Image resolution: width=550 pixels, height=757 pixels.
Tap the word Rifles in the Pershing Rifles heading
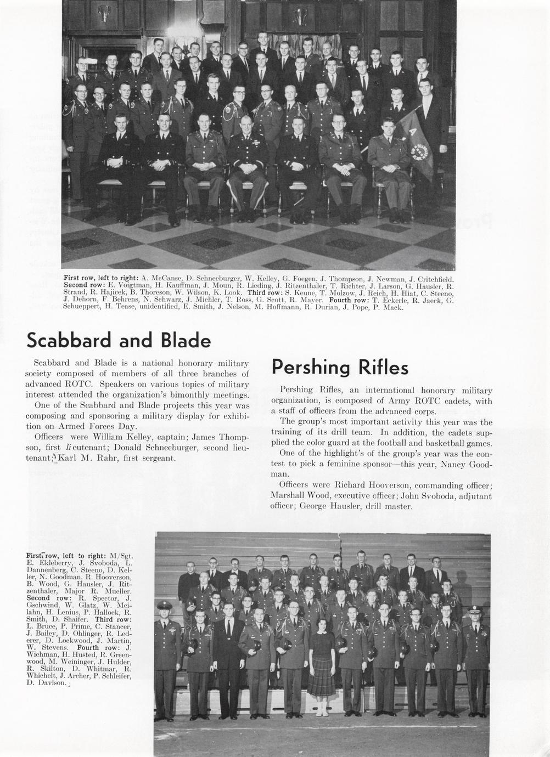383,367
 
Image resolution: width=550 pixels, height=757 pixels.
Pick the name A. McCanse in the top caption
159,279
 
